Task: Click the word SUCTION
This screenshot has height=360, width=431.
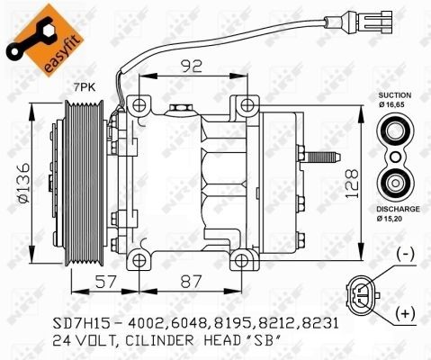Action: pos(394,94)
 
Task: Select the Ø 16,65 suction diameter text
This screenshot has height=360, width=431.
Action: pos(394,105)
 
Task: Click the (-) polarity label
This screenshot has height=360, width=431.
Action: pos(405,255)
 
